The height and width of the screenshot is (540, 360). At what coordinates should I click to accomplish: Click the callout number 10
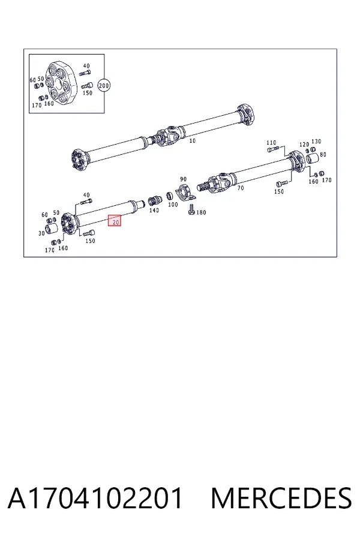tap(192, 141)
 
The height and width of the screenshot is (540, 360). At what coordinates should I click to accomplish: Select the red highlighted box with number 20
tap(115, 220)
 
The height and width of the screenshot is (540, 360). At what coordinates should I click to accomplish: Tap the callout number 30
tap(41, 233)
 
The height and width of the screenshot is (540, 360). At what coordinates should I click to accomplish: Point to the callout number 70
tap(241, 188)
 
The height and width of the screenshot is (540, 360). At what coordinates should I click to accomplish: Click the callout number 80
tap(323, 155)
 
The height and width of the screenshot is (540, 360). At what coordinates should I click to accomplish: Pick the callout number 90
tap(183, 179)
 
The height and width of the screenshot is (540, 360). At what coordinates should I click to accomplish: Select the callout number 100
tap(173, 205)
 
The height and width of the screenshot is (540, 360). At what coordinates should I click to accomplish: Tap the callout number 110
tap(271, 143)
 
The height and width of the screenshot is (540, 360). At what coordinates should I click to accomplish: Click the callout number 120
tap(304, 145)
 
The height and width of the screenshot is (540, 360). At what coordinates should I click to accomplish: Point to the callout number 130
tap(316, 142)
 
